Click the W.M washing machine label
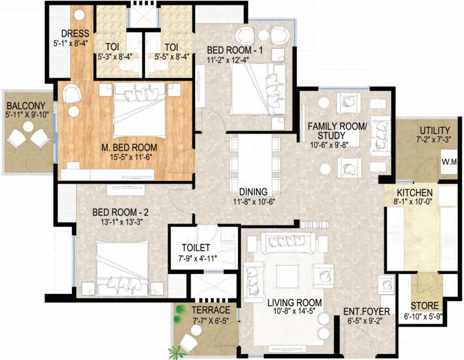pos(451,162)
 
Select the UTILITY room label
pos(435,130)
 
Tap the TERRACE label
pos(211,310)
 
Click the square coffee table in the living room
pos(287,277)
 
